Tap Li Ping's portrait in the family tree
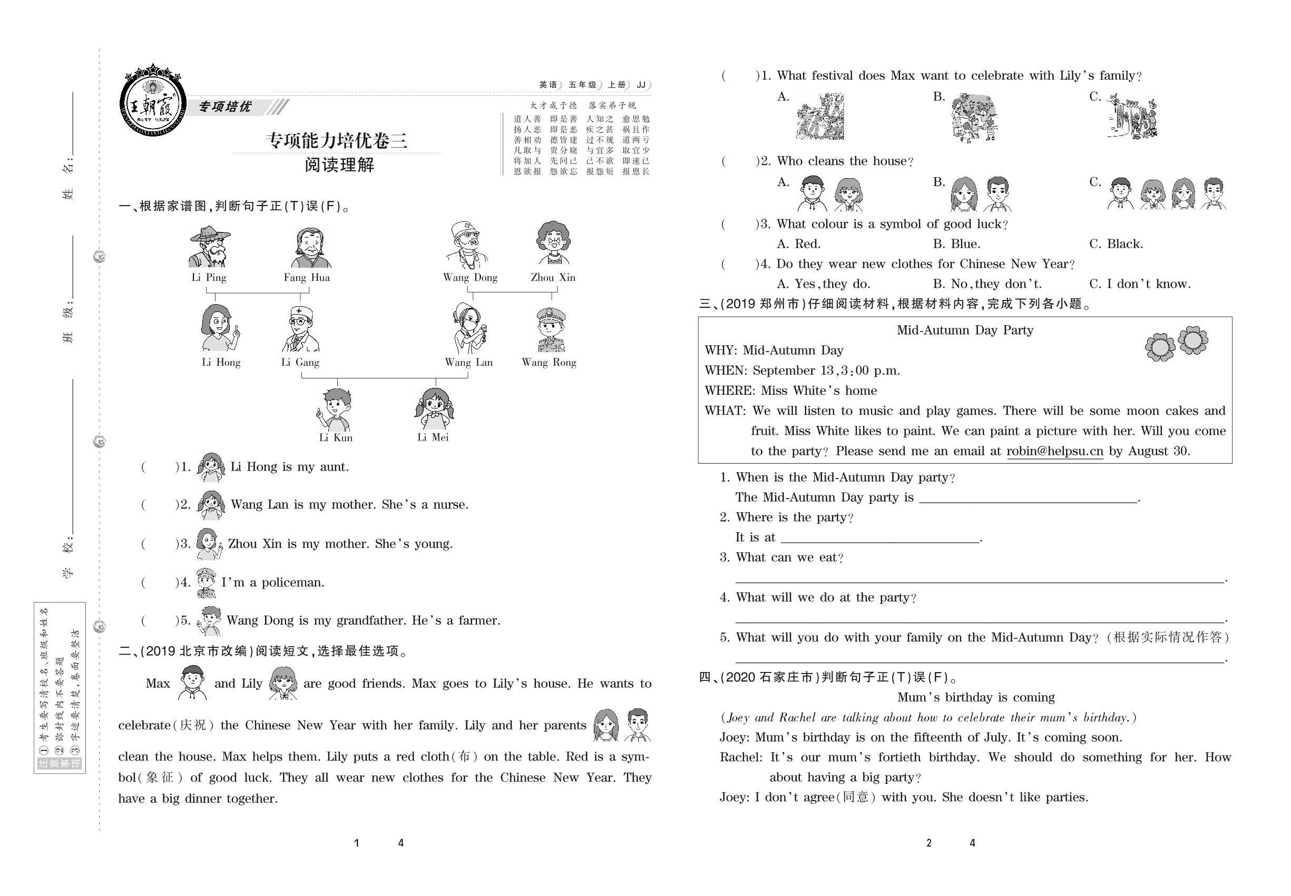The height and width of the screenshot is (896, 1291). [x=209, y=247]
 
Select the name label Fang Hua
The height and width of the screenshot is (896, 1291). [x=307, y=277]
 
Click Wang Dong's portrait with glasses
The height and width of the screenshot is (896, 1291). [x=467, y=245]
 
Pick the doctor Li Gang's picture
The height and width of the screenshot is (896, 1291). [x=300, y=329]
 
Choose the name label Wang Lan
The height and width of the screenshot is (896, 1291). [x=468, y=363]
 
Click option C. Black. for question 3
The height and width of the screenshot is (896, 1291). [x=1116, y=244]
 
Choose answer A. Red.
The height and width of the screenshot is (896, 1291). [x=798, y=244]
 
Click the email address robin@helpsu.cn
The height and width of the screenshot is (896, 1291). [x=1055, y=451]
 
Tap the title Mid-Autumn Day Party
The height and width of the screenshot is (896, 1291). [x=964, y=330]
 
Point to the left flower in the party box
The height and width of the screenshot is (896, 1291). [x=1160, y=347]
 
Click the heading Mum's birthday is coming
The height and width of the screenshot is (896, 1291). [x=975, y=697]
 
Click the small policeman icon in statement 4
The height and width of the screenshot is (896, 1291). [x=206, y=583]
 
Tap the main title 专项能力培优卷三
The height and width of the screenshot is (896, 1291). [x=337, y=140]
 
